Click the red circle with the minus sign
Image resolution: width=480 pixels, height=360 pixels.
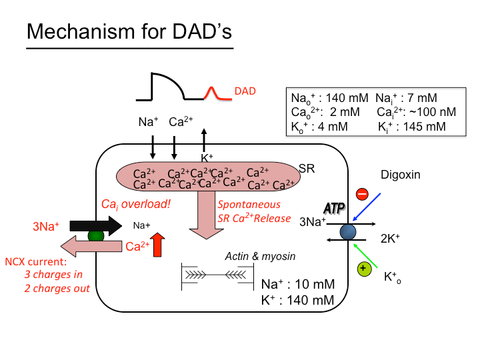pyautogui.click(x=362, y=195)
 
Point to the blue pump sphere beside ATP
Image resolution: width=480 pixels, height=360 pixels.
pyautogui.click(x=347, y=231)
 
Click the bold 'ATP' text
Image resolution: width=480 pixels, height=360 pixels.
pyautogui.click(x=335, y=209)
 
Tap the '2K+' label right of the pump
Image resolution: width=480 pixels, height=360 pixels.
pyautogui.click(x=391, y=239)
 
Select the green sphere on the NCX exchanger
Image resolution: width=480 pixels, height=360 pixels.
pyautogui.click(x=96, y=235)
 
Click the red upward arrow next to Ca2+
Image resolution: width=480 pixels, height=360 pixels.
pyautogui.click(x=157, y=245)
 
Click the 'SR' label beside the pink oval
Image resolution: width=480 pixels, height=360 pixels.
pyautogui.click(x=307, y=169)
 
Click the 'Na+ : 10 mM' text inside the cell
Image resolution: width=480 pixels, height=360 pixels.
pyautogui.click(x=297, y=285)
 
